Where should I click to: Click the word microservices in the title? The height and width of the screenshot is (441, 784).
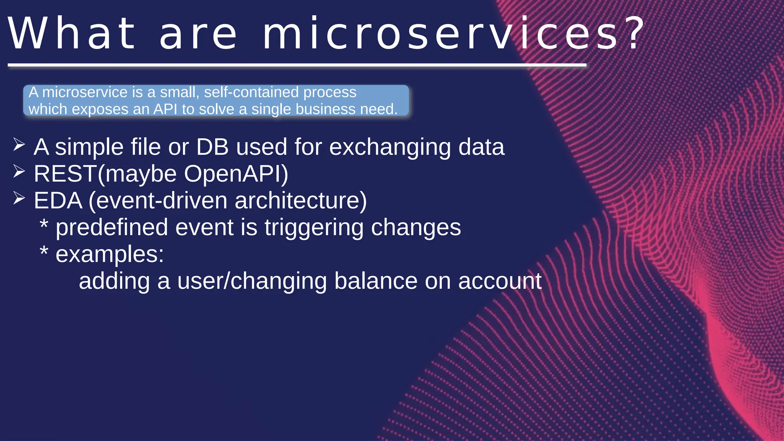pos(440,34)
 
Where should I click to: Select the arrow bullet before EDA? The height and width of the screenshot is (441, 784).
pos(19,198)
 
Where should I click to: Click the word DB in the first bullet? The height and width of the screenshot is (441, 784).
pos(212,147)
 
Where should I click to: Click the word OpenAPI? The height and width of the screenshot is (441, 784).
pos(236,174)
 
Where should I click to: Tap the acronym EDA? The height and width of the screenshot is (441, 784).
pos(58,201)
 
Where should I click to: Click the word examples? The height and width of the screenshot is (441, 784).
pos(109,255)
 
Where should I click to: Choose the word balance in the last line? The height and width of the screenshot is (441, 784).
pos(376,281)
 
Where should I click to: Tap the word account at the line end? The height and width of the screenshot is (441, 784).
pos(500,281)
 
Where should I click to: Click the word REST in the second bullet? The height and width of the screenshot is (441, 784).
pos(65,174)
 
